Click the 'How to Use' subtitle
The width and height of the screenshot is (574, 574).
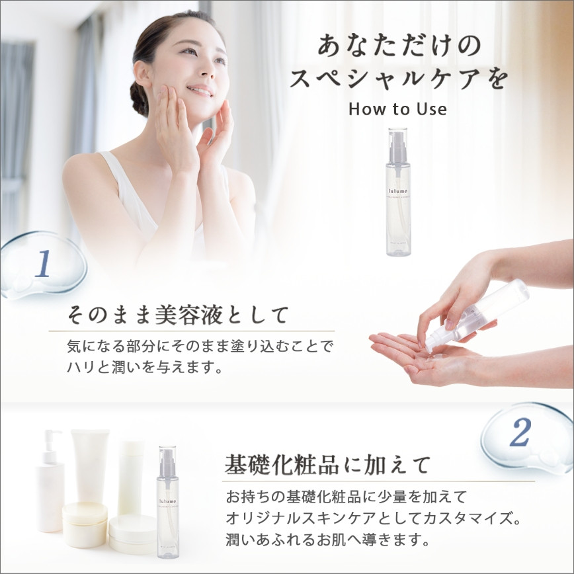[397, 108]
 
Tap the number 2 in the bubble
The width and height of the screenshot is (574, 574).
[520, 434]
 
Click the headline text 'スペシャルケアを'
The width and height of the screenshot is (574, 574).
[399, 79]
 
